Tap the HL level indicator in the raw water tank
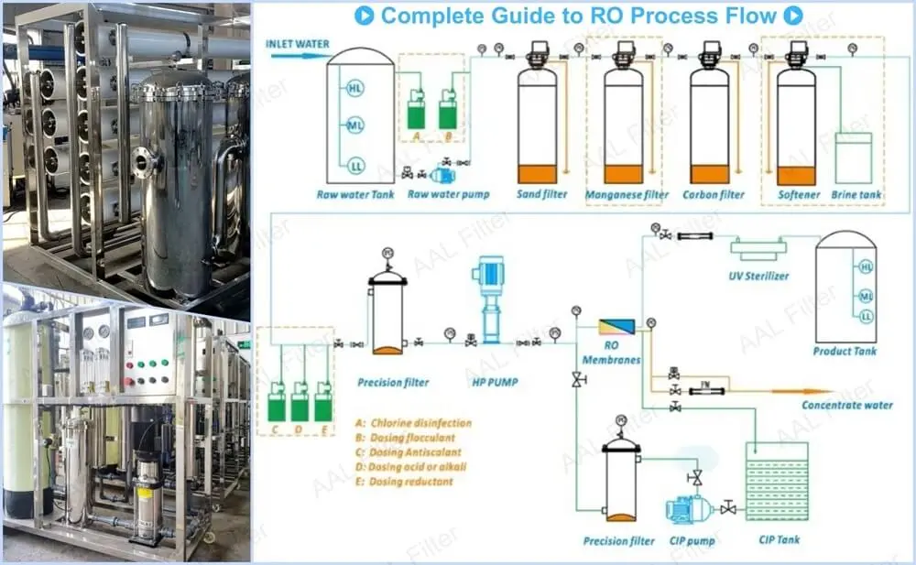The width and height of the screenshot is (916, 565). (355, 89)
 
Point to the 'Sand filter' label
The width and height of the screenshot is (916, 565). (541, 194)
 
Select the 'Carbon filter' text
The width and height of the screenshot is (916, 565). (713, 194)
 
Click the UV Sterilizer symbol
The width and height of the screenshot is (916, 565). (758, 246)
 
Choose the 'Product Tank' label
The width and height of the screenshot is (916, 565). (845, 351)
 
